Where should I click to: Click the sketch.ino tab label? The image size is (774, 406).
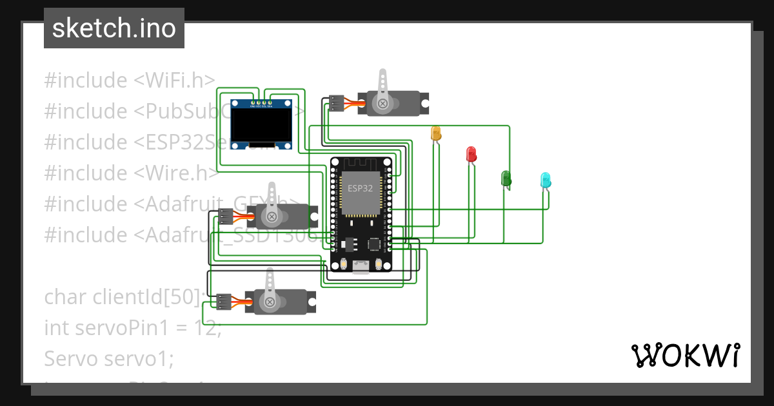[114, 28]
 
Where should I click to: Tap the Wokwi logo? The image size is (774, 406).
[685, 355]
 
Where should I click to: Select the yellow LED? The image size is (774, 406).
[436, 133]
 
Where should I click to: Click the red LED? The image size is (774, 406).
[471, 154]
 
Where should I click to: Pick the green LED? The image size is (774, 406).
[506, 179]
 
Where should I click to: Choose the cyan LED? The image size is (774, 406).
[546, 180]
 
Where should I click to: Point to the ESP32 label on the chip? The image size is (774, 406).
[360, 189]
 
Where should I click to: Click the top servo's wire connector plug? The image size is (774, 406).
[336, 103]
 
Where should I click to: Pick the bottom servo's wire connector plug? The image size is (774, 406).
[224, 301]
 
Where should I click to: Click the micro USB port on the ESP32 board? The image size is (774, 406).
[361, 267]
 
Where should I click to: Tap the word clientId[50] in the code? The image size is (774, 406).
[149, 297]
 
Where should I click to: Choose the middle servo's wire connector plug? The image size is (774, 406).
[225, 217]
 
